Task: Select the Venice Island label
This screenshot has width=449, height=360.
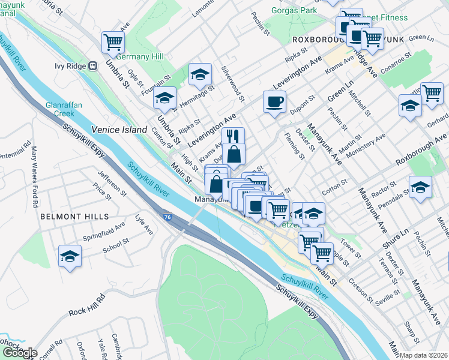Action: tap(119, 130)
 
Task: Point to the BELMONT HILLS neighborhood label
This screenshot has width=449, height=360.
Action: tap(74, 216)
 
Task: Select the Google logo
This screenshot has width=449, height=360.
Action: tap(19, 353)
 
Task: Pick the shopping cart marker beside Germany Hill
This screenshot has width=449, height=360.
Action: tap(113, 42)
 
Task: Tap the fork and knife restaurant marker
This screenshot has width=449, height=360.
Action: tap(233, 136)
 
